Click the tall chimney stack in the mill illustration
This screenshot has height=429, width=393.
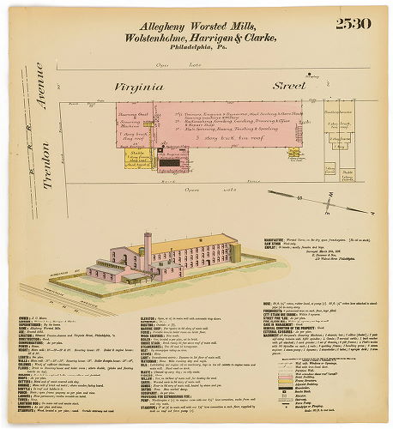(x=148, y=249)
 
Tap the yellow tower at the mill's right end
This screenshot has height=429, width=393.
(x=234, y=253)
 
